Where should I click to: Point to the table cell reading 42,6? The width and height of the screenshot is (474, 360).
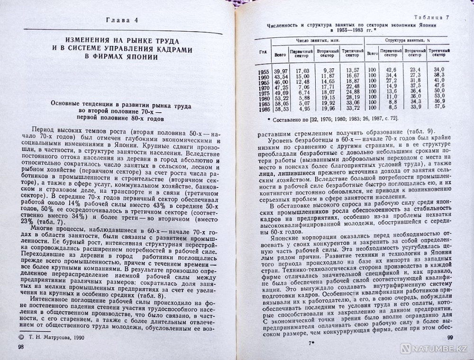(x=390, y=70)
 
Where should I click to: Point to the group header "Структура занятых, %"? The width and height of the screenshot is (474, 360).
(x=404, y=41)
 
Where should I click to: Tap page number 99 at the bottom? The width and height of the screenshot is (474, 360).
(x=451, y=337)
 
